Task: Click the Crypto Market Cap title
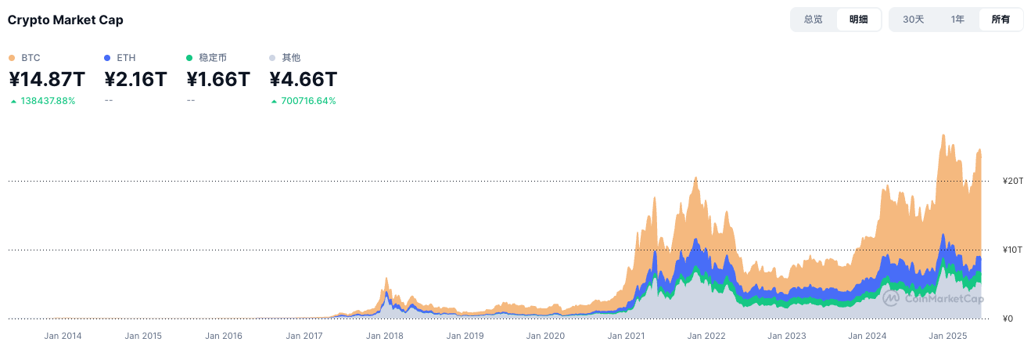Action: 65,20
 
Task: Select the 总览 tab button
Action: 813,20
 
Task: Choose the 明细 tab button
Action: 858,20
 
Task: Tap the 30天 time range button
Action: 913,20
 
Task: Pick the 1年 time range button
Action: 957,20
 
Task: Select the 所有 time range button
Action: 1000,20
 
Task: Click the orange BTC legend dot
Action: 12,58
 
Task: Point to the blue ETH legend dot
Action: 107,58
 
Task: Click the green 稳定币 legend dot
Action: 190,58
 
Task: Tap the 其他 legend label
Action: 291,58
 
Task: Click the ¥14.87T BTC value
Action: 47,79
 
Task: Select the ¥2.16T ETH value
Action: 135,79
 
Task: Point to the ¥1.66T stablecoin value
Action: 218,79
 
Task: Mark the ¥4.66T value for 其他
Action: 304,79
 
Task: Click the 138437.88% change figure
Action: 48,101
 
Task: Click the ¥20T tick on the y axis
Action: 1013,182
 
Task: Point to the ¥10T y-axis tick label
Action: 1013,250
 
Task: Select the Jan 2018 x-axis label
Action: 383,336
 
